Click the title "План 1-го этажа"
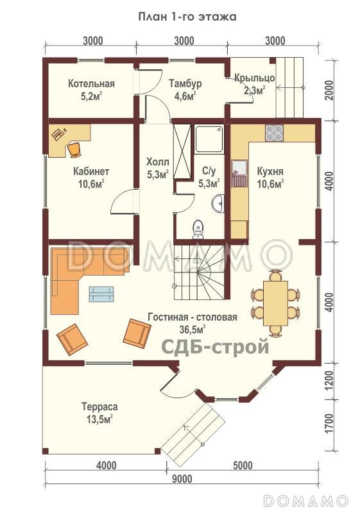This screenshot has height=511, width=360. coord(187,17)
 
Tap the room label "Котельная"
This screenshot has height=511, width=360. coord(91,83)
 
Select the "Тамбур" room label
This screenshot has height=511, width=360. coord(185,83)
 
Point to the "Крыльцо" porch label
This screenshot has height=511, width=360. coord(254,78)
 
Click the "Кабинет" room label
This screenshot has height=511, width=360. coord(91,171)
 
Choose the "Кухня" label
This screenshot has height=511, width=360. coord(270,171)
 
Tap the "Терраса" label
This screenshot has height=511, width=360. coord(99,407)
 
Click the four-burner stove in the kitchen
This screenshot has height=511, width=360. coord(274,133)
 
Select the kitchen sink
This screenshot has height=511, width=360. coord(239,172)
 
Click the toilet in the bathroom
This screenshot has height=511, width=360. coord(198,229)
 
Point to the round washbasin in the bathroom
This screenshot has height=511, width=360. coord(218,204)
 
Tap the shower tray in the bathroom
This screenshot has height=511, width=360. coord(209,139)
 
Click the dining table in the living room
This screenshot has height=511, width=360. coord(275,303)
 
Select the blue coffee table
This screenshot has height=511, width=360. coord(101,294)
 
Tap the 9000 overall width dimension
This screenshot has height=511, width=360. coord(182,479)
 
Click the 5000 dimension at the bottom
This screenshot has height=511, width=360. coord(242,465)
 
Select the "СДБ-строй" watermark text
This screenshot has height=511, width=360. coord(216,346)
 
